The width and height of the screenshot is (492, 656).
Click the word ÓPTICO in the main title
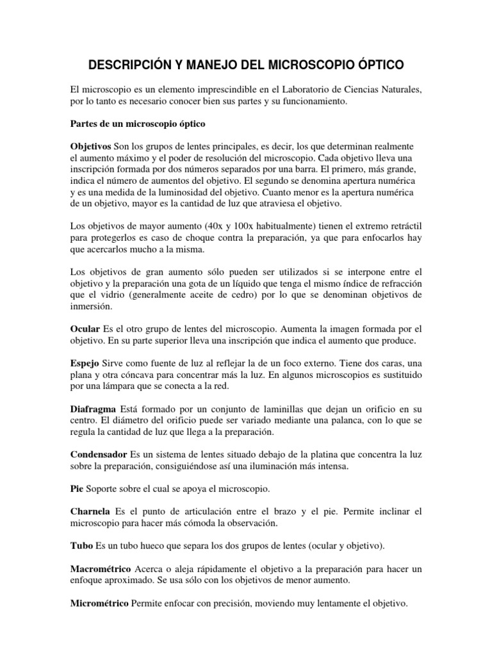pos(378,65)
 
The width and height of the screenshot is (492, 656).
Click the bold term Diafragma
pos(95,409)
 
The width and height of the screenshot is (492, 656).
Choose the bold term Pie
pos(77,489)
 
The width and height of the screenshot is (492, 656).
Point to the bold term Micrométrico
pos(99,603)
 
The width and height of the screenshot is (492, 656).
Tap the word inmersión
pos(93,306)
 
